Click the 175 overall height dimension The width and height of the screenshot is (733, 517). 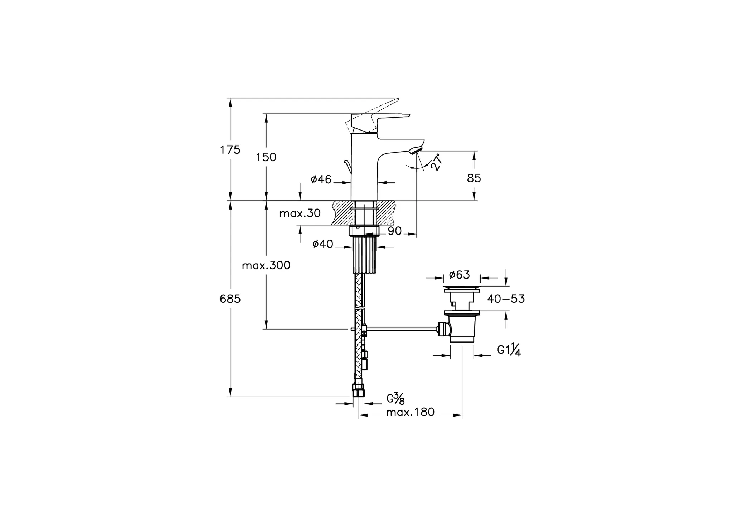[x=230, y=150]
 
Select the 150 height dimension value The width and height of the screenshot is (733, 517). [x=266, y=157]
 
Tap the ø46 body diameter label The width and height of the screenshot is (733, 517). [x=321, y=179]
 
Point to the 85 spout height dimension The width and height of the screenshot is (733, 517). [x=474, y=178]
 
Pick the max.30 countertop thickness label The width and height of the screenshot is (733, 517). [x=300, y=213]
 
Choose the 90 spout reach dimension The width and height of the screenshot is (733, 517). [x=395, y=231]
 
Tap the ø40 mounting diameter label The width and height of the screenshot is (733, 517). [x=323, y=244]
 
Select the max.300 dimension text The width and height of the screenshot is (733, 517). [x=266, y=265]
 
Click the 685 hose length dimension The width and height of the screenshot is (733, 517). [x=230, y=299]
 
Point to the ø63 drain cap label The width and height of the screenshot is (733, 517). [x=459, y=275]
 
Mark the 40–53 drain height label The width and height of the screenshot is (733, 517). [x=506, y=299]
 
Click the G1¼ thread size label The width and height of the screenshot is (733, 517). [x=509, y=350]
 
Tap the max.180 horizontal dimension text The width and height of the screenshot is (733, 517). [x=410, y=412]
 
